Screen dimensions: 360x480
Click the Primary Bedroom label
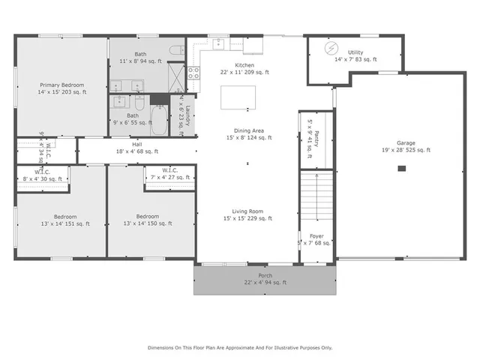pos(62,88)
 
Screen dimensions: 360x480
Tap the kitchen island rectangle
pos(238,97)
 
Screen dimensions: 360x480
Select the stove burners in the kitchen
pos(193,73)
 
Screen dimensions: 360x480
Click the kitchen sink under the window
pos(218,43)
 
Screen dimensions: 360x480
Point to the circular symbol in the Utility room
pos(331,48)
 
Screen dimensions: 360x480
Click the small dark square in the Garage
pos(402,169)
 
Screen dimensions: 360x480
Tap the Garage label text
pos(406,146)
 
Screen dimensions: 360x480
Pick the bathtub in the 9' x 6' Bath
pos(158,120)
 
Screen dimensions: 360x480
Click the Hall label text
pos(137,148)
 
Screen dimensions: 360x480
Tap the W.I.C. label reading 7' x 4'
pos(169,174)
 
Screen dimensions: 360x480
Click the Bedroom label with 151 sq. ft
pos(64,219)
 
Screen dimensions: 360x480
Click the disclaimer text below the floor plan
pos(240,348)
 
